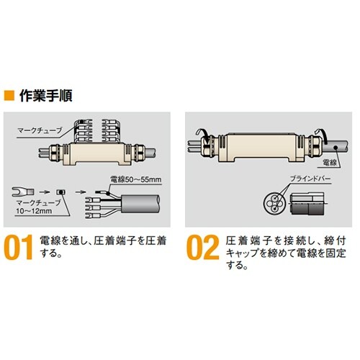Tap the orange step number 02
(202, 248)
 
